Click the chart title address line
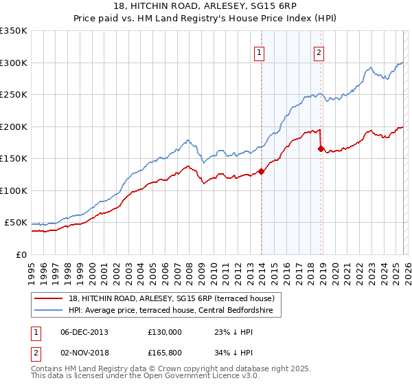206,5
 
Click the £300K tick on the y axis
14,63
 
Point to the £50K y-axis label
16,223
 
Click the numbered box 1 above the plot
260,52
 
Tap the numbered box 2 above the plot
319,52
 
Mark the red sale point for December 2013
261,172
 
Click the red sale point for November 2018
321,148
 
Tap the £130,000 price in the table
165,332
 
